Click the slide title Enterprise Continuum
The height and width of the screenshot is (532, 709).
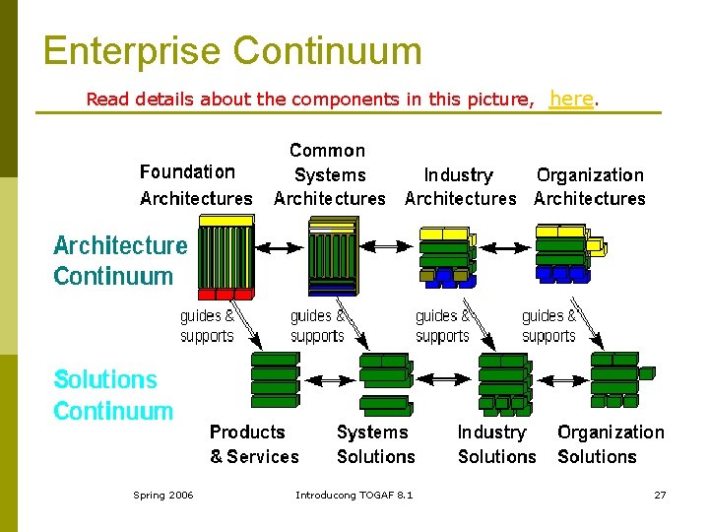[232, 51]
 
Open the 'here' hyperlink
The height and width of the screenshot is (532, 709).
[571, 99]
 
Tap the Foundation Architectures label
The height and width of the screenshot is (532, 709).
[196, 185]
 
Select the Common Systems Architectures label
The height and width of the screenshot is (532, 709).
[329, 174]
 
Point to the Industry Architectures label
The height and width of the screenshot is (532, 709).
[460, 186]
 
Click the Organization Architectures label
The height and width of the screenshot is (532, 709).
[590, 186]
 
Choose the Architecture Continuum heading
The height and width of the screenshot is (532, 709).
[119, 260]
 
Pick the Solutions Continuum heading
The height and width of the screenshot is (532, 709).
[112, 395]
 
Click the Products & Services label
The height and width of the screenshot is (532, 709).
[253, 444]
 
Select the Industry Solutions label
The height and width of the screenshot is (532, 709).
[496, 444]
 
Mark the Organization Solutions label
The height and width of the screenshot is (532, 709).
[611, 444]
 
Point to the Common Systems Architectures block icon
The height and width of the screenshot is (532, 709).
[332, 258]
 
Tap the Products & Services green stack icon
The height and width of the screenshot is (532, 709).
[275, 379]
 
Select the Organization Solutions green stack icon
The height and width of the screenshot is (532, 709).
[616, 379]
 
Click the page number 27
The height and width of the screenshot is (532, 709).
[660, 495]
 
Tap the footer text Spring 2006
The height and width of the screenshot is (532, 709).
[163, 495]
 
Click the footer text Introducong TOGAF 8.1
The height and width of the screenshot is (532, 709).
[354, 495]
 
